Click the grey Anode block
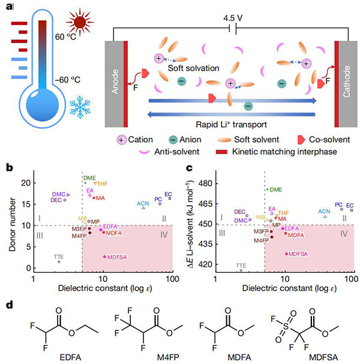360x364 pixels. click(116, 83)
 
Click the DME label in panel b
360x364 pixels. click(89, 177)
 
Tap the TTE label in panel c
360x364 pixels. click(241, 265)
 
